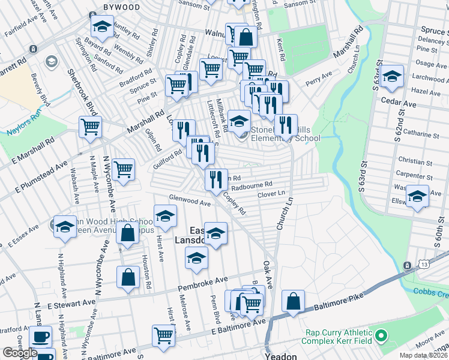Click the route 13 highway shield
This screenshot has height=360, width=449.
408,265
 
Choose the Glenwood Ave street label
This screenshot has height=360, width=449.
190,200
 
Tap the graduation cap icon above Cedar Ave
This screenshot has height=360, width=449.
392,76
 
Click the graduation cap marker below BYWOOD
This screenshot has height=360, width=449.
102,26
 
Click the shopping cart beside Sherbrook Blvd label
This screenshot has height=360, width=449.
90,127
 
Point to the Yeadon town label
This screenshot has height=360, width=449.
281,356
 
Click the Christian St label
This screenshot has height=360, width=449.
415,162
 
